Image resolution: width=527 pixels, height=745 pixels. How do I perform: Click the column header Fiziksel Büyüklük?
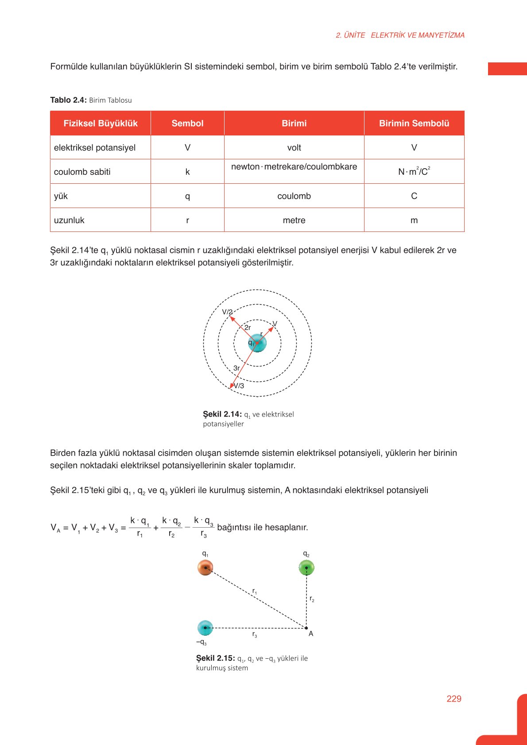point(101,124)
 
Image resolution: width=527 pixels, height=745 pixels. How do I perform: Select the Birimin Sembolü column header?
point(414,124)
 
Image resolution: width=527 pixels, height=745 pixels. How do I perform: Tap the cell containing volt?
point(294,148)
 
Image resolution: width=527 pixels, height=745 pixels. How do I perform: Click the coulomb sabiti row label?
point(82,172)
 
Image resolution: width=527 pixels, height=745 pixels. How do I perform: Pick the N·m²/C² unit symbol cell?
point(414,172)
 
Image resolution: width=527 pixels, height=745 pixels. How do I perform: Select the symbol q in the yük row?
point(187,196)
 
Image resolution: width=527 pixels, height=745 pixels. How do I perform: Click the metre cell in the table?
point(294,220)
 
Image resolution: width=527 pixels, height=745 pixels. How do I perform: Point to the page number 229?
point(454,699)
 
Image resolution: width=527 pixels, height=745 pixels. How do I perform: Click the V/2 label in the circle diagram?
point(227,312)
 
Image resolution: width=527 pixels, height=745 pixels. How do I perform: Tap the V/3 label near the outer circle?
point(239,386)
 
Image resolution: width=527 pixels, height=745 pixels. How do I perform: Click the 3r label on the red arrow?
point(236,368)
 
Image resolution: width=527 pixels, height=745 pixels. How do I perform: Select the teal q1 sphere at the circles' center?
point(257,343)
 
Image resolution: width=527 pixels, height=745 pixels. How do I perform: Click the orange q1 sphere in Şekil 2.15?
point(205,567)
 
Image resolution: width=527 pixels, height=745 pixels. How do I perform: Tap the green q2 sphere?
point(306,567)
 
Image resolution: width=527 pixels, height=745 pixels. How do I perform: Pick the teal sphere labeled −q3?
point(205,628)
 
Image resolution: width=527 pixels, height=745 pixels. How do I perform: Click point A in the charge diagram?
point(306,628)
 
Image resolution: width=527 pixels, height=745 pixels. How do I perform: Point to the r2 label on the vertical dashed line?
point(312,599)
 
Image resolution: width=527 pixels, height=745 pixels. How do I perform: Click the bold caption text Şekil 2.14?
point(222,414)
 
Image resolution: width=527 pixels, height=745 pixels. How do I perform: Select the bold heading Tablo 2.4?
point(68,100)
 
